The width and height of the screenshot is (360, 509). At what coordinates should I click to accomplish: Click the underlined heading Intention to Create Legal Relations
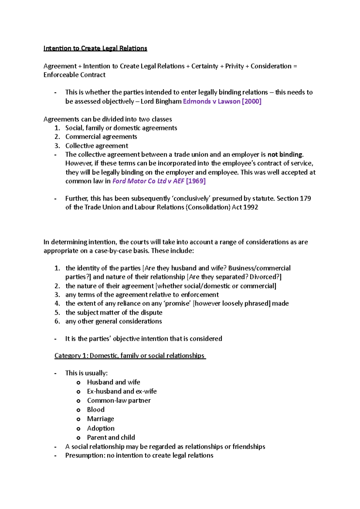tap(95, 48)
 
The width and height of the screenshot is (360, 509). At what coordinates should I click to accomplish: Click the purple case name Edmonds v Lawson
tap(211, 101)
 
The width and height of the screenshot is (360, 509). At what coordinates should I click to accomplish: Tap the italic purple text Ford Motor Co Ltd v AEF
tap(148, 181)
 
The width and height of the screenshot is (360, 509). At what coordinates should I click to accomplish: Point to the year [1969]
tap(196, 181)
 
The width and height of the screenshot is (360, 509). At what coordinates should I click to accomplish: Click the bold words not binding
tap(285, 155)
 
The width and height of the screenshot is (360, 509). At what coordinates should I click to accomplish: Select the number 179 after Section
tap(305, 198)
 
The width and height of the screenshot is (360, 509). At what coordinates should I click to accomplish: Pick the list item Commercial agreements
tap(101, 137)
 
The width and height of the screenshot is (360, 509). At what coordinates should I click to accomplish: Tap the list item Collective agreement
tap(97, 146)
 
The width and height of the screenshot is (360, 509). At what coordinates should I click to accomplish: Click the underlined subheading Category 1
tap(130, 356)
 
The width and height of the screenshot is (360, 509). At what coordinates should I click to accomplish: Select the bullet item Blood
tap(96, 410)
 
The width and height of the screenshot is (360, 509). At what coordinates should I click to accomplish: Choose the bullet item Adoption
tap(100, 428)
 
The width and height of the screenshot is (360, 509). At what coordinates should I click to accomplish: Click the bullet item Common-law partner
tap(119, 400)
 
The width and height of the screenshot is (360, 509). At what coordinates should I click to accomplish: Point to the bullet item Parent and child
tap(111, 437)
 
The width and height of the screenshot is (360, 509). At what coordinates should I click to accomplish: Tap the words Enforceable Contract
tap(74, 75)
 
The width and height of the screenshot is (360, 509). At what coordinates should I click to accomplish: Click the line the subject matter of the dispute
tap(114, 312)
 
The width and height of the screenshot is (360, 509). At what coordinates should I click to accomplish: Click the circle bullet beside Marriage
tap(78, 419)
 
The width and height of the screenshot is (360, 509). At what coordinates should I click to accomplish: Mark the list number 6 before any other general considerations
tap(57, 321)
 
